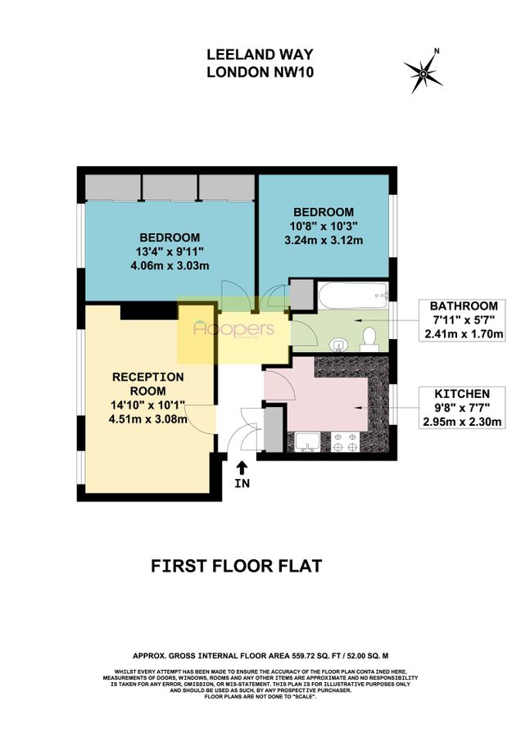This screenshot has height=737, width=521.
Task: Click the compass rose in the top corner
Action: [x=423, y=72]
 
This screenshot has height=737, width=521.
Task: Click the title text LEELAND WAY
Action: [x=260, y=56]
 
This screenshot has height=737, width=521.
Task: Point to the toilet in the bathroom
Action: [x=369, y=338]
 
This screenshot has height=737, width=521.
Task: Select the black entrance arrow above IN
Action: [x=242, y=468]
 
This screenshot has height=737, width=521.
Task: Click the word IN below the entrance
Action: [x=242, y=483]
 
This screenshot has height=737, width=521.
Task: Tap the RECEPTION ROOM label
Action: [x=148, y=383]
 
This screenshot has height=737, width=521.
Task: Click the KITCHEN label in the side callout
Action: [x=463, y=393]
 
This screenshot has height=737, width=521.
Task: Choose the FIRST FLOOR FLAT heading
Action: [x=237, y=566]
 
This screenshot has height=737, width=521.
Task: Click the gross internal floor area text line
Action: [x=260, y=655]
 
